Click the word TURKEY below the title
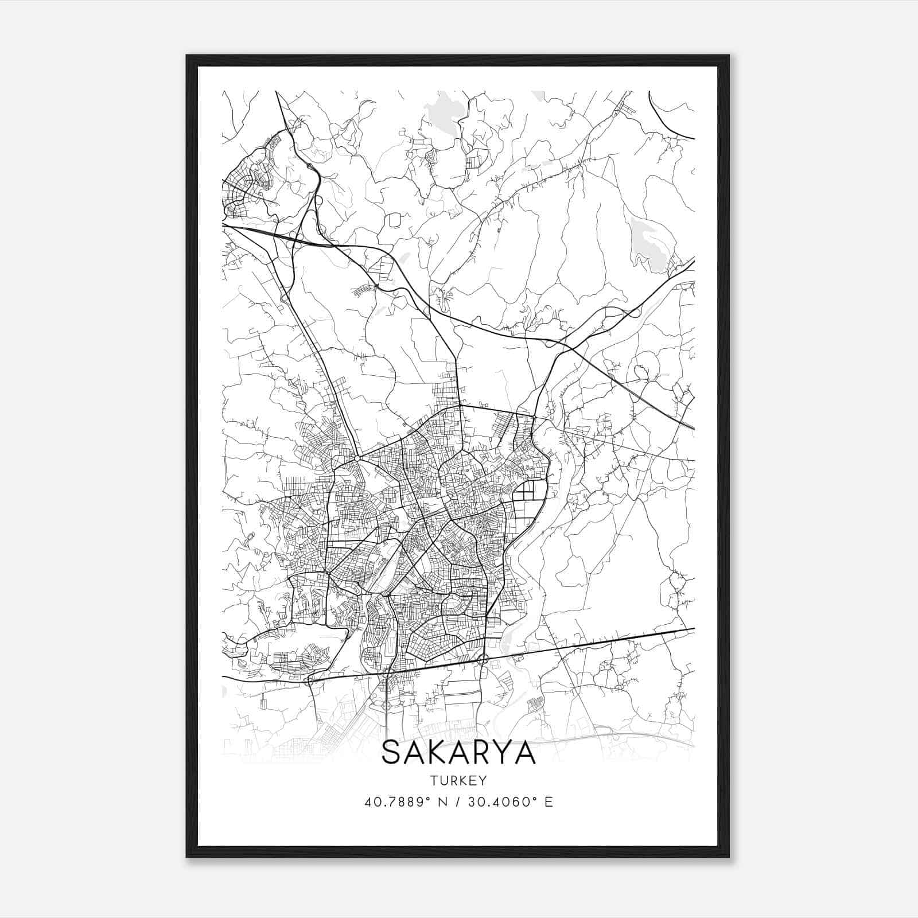(458, 780)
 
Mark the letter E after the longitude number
(549, 802)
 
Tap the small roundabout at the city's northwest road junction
(357, 458)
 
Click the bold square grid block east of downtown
(530, 492)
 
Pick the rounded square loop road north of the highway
(394, 220)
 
